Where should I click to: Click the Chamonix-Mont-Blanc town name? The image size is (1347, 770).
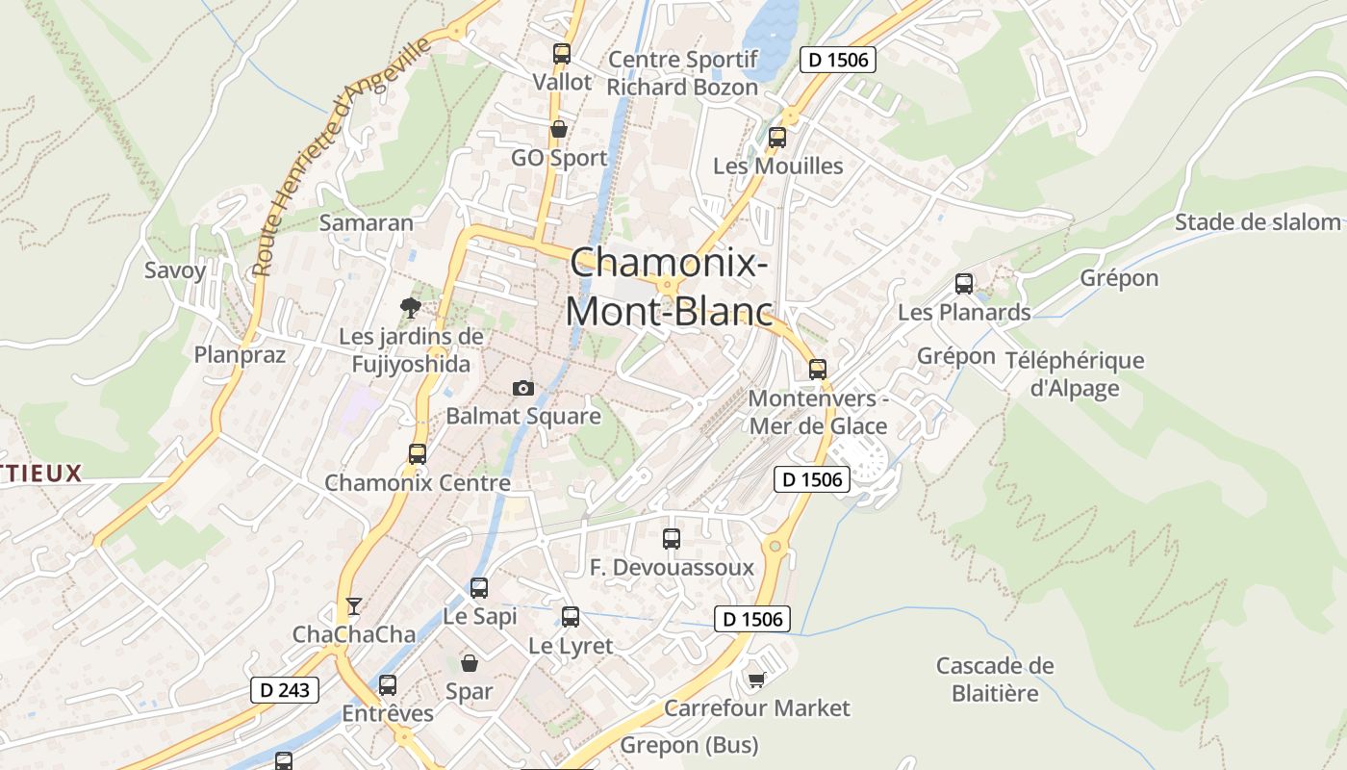(x=670, y=287)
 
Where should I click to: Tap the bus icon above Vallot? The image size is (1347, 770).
(x=562, y=54)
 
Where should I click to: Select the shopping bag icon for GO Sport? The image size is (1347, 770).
(x=558, y=129)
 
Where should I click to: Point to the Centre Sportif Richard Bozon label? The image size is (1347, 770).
(x=682, y=73)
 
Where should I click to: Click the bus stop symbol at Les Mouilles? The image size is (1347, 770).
(x=777, y=138)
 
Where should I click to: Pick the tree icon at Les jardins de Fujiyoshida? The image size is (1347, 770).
(x=411, y=308)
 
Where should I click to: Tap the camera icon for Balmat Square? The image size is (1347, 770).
(x=523, y=388)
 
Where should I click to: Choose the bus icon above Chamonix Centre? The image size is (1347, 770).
(x=418, y=454)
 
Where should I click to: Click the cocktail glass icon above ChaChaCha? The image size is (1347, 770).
(x=354, y=605)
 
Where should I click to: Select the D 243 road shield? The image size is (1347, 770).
(x=284, y=689)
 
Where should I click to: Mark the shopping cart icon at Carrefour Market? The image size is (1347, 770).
(x=757, y=680)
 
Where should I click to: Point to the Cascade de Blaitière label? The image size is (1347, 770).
(x=995, y=680)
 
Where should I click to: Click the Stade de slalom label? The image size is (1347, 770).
(x=1258, y=222)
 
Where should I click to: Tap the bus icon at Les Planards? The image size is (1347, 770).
(x=964, y=284)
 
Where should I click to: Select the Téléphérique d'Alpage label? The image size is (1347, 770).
(x=1075, y=374)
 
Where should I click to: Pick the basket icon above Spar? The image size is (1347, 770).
(x=470, y=663)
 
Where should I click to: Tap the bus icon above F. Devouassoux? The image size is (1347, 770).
(x=672, y=539)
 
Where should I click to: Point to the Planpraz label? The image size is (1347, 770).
(x=241, y=355)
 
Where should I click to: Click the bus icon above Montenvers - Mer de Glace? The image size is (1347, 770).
(x=818, y=369)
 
